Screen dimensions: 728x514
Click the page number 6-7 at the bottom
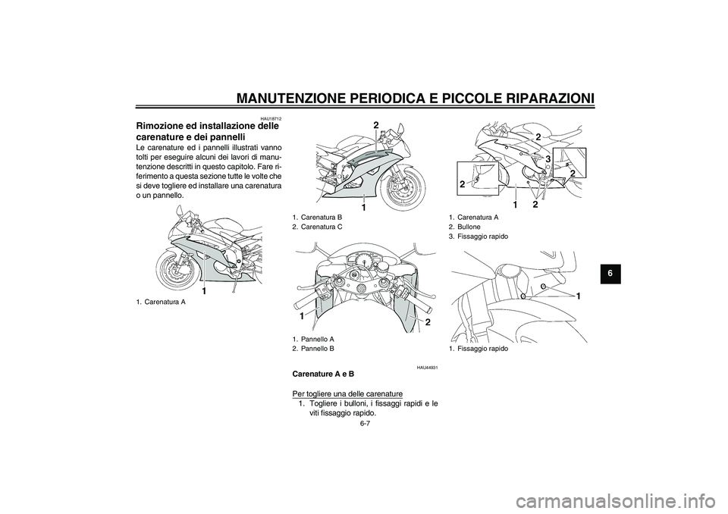[365, 424]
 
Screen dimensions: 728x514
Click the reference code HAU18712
[271, 119]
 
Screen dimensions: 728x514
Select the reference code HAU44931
[428, 368]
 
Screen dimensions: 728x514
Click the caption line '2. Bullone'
[464, 227]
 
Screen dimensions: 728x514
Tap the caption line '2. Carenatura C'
[318, 227]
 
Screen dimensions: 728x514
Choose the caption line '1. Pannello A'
[313, 339]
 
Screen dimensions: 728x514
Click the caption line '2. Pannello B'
[313, 348]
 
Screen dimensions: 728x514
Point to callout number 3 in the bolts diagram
[548, 158]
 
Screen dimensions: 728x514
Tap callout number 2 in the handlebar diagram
[428, 321]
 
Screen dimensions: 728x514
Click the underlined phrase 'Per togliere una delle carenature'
[347, 393]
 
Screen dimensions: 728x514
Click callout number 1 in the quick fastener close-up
[579, 296]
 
